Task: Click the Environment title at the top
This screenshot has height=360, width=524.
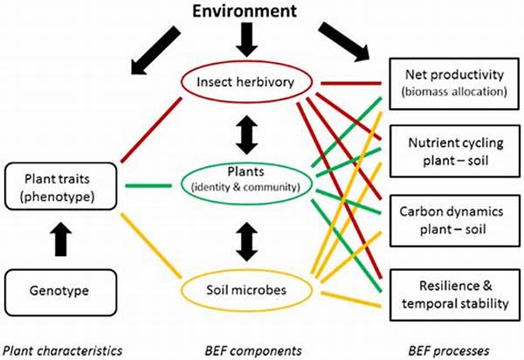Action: pos(245,11)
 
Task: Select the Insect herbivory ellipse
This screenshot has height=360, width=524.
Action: pos(246,62)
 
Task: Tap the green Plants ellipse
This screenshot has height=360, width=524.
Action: pos(246,163)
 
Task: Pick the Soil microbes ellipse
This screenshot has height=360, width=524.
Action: pos(246,270)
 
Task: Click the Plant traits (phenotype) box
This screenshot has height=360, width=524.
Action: pos(61,163)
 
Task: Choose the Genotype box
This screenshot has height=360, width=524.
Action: pos(61,270)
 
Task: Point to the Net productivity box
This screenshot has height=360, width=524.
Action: pos(454,59)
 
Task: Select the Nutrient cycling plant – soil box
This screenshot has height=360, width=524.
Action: pos(454,126)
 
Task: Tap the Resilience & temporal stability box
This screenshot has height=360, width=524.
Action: pos(454,271)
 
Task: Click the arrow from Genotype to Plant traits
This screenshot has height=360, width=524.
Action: pos(60,239)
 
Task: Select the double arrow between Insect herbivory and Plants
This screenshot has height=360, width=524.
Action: pos(246,135)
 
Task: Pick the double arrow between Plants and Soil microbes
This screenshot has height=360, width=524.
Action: pos(246,241)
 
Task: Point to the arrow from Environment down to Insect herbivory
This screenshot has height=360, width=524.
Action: pos(246,40)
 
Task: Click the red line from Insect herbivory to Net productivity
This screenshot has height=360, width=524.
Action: pos(350,83)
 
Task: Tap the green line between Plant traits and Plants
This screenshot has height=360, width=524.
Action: pos(148,185)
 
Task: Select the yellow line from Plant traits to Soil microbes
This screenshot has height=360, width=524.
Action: pos(151,246)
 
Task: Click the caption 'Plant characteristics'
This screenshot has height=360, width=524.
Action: pos(63,350)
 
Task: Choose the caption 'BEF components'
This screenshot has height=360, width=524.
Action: pos(253,350)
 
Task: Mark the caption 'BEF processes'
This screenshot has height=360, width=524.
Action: pos(449,350)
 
